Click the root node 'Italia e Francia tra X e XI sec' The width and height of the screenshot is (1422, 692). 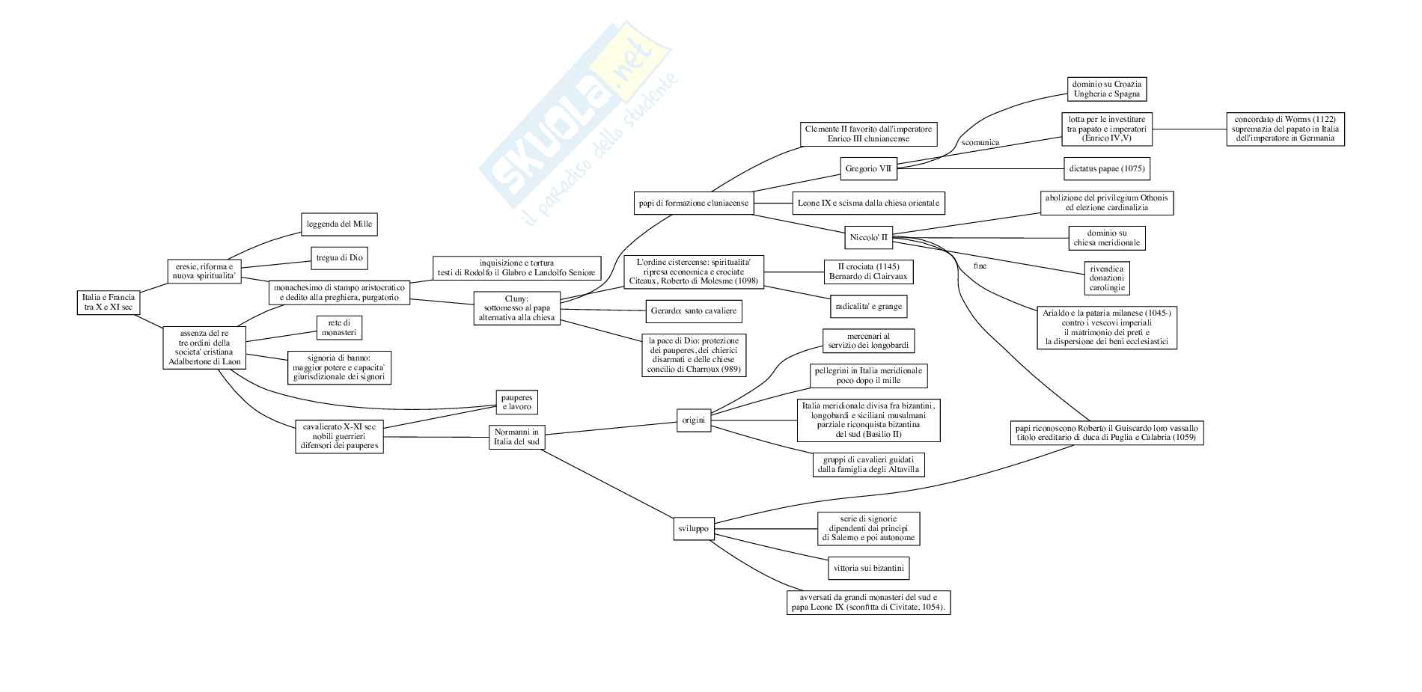[x=109, y=302]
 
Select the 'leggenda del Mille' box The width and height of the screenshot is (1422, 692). [x=339, y=224]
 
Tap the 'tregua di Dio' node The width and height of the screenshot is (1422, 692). [x=339, y=258]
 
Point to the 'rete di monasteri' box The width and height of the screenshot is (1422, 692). [x=339, y=327]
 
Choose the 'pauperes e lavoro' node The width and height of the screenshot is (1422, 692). [x=516, y=402]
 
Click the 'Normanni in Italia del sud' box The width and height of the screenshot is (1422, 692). [x=516, y=436]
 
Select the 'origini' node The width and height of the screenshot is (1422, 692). [x=693, y=420]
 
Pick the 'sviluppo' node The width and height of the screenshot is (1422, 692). [x=693, y=529]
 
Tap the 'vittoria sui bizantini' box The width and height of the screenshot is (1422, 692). [x=868, y=568]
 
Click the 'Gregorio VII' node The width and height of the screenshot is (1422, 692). [x=869, y=168]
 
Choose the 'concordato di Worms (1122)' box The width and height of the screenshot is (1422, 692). [x=1285, y=129]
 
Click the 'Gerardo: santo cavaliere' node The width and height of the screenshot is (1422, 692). [x=693, y=310]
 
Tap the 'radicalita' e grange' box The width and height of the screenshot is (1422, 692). [x=869, y=306]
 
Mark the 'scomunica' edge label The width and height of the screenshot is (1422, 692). [x=980, y=142]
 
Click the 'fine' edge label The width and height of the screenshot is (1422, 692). [x=980, y=266]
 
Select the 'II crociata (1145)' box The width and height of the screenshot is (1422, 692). [x=868, y=272]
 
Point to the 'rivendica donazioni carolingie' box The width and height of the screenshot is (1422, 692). [x=1106, y=278]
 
